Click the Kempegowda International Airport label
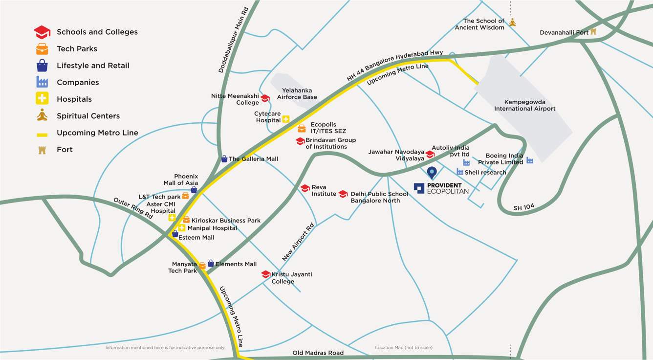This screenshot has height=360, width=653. coord(524,105)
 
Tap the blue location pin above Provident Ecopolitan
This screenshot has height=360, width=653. coord(432,173)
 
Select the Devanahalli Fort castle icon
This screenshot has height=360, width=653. coord(593,32)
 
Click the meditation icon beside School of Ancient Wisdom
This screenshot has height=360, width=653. coord(512,22)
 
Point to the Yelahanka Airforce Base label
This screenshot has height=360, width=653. coord(297,93)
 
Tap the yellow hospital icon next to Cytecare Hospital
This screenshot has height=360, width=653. coord(286,119)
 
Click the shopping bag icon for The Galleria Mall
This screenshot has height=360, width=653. coord(224,159)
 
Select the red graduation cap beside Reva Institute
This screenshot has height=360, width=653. coord(305,188)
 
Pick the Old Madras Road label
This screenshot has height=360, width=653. coord(318,353)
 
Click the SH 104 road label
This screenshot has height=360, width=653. coord(524,208)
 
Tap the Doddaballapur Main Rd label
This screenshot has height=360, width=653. coord(234,40)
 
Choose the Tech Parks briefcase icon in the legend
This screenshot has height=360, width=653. coord(42,49)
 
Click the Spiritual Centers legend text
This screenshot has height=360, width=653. coord(88,116)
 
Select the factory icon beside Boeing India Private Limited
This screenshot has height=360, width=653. coord(529,160)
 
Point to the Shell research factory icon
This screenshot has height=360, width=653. coord(460,172)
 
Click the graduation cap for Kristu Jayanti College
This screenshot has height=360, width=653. coord(266,274)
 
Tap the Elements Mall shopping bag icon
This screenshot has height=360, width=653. coord(211,264)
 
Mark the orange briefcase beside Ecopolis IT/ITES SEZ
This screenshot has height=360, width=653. coord(302,129)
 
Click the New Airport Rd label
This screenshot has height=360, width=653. coord(298,243)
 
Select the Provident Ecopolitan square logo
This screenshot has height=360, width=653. coord(419,188)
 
